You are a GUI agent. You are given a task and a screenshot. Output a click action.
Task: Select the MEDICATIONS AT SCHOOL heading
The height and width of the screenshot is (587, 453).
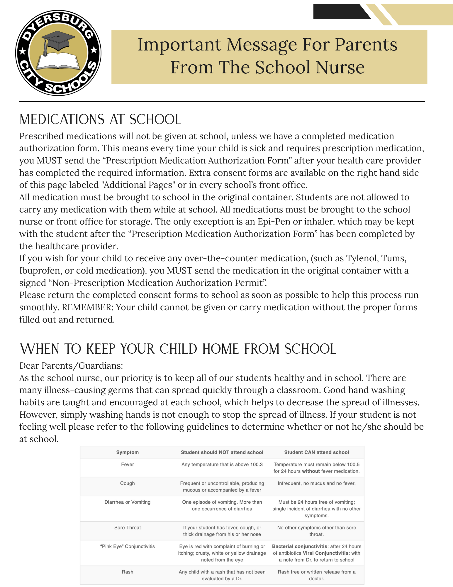point(100,119)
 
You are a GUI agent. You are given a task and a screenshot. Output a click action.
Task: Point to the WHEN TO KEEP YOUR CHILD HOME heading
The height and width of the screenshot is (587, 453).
point(178,349)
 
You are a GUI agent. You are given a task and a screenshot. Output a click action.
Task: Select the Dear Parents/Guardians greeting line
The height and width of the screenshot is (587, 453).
point(71,366)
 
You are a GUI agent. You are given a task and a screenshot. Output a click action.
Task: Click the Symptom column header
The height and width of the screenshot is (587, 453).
point(127,452)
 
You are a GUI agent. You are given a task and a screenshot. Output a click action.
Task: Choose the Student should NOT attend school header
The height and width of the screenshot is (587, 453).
point(222,452)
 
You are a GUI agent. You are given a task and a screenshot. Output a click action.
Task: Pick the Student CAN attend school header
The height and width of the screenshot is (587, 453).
point(316,452)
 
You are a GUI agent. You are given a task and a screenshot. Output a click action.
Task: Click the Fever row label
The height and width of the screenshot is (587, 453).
point(127,465)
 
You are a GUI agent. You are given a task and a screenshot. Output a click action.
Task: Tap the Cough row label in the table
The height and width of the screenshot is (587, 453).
point(127,483)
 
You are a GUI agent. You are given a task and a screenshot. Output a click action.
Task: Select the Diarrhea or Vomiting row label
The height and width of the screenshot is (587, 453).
point(127,502)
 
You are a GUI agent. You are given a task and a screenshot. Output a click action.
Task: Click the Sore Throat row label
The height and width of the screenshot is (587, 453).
point(127,528)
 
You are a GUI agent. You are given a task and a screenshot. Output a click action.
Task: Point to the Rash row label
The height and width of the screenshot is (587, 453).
point(127,572)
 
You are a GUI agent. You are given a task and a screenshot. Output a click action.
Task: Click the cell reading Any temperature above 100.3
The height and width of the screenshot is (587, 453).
point(222,465)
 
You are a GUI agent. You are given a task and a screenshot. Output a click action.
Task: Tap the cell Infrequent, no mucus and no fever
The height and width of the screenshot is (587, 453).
point(316,483)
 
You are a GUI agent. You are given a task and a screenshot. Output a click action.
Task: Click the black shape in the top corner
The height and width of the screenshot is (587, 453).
point(340,12)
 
